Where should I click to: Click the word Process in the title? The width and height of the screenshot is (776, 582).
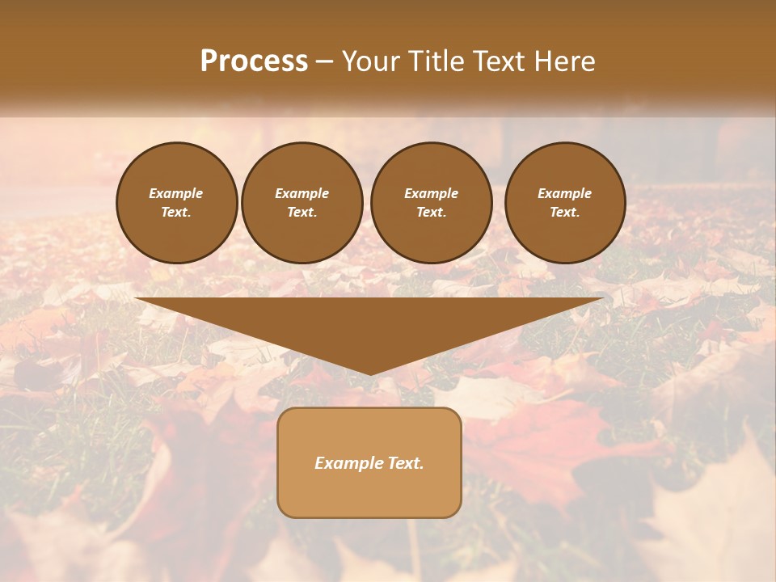pos(254,61)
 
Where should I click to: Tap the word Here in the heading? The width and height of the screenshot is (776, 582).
pos(565,61)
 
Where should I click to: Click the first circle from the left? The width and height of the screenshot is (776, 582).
pos(177,203)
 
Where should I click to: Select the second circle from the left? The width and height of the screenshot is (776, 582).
pos(302,203)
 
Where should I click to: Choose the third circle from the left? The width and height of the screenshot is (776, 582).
pos(432,203)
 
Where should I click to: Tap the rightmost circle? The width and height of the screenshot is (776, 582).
pos(565,203)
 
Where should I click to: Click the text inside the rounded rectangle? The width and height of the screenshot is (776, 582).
pos(369,463)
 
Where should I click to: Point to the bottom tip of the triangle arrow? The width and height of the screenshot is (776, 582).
pos(370,373)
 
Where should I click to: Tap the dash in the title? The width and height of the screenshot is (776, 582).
pos(324,62)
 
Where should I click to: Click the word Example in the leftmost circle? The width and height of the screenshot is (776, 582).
pos(176,193)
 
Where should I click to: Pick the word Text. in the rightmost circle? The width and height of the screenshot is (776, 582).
pos(565,213)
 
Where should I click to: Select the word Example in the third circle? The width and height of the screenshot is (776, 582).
pos(432,193)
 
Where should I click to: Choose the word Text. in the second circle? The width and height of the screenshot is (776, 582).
pos(302,213)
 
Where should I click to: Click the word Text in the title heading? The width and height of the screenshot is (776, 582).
pos(501,61)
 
